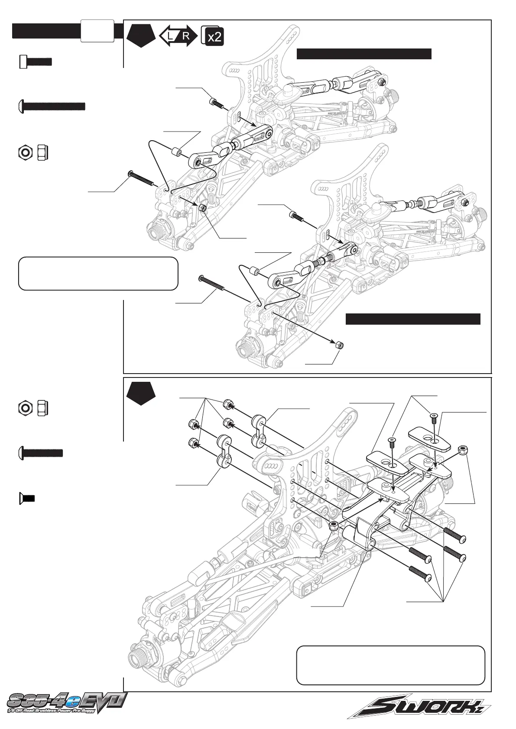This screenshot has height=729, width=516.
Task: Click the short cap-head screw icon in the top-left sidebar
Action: click(36, 61)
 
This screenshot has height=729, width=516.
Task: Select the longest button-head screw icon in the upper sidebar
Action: click(52, 106)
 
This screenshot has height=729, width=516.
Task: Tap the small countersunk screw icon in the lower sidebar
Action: click(27, 498)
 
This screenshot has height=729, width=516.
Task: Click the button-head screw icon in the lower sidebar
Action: click(42, 453)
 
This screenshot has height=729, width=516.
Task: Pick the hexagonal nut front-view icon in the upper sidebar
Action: click(25, 152)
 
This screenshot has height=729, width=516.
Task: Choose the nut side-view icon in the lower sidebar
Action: click(43, 408)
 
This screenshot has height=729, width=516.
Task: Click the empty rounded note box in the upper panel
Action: click(98, 274)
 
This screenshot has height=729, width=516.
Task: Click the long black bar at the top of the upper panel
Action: click(364, 54)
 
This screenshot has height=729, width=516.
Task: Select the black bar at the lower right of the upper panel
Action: click(413, 319)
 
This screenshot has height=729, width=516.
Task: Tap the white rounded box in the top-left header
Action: click(97, 30)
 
